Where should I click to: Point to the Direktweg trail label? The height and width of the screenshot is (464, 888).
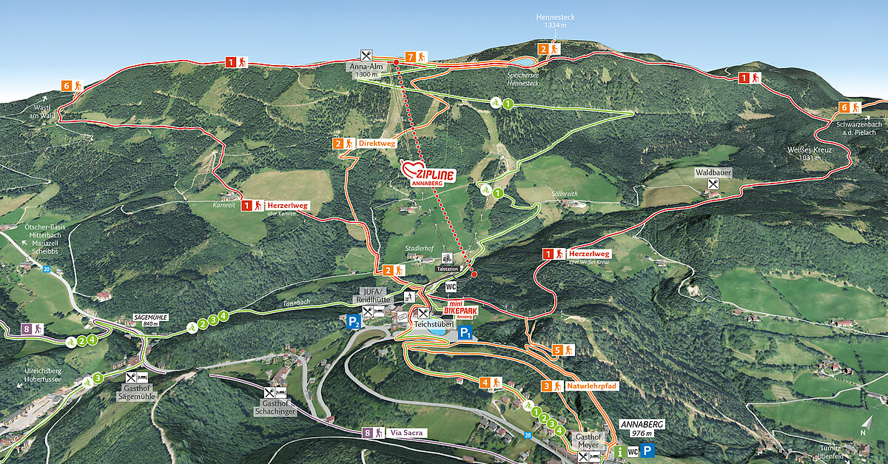tap(376, 143)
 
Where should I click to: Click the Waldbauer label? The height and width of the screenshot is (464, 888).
tap(707, 172)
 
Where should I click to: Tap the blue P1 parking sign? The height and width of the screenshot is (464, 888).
tap(465, 334)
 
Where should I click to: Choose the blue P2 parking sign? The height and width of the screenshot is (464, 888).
tap(354, 321)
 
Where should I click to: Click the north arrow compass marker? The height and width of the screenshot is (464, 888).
tap(863, 428)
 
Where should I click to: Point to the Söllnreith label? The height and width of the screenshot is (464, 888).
tap(564, 194)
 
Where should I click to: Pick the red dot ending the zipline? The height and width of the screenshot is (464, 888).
tap(474, 275)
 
